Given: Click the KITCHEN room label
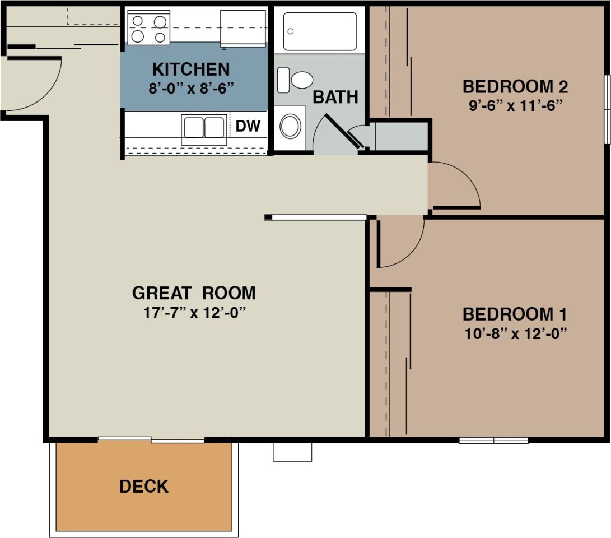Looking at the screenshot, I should coord(191,69).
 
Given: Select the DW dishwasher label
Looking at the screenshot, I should coord(248,127).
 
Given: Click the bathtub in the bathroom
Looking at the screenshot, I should coord(320,31).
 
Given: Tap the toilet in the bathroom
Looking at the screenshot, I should coord(296,80).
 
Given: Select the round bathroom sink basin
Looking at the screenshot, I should coord(290,126).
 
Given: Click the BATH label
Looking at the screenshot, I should coord(335,97).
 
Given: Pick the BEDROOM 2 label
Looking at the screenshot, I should coord(515,87).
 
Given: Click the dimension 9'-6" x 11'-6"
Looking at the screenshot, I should coord(515,105).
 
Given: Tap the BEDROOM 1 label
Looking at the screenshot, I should coord(515,314).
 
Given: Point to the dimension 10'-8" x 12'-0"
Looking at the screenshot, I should coord(515,333).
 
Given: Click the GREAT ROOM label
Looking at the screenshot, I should coord(194,293).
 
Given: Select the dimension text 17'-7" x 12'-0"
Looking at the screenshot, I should coord(194,313).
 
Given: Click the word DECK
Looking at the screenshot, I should coord(144,486).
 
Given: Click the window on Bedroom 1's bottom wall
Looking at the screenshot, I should coord(493,440).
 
